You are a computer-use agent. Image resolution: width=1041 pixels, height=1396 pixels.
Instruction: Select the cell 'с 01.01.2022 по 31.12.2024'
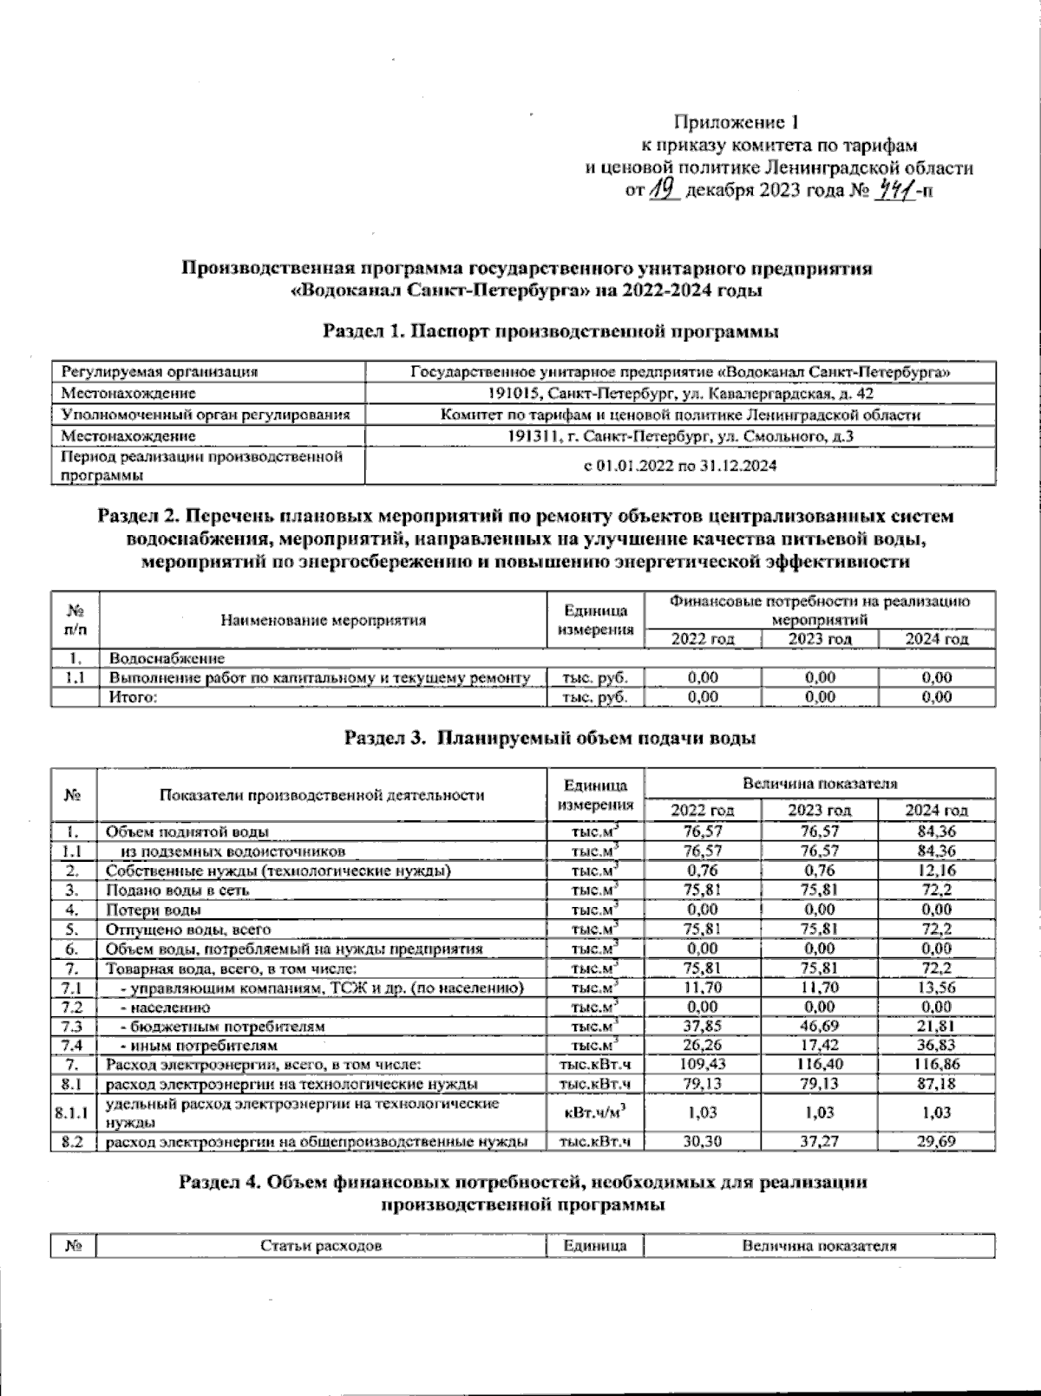(679, 466)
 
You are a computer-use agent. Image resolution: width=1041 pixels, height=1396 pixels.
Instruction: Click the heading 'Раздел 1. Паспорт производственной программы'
(550, 331)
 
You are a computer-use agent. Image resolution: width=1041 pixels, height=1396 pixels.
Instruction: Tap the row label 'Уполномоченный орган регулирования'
(206, 414)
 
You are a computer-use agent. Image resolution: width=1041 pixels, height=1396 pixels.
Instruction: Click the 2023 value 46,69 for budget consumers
(819, 1027)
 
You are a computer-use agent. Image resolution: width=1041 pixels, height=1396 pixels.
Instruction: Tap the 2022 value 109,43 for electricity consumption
(703, 1064)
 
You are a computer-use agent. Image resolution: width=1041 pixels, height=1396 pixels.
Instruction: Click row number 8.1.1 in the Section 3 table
(73, 1112)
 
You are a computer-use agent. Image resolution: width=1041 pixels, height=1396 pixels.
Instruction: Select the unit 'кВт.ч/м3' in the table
(595, 1112)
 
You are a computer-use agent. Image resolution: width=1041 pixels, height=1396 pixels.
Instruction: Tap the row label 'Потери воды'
(154, 910)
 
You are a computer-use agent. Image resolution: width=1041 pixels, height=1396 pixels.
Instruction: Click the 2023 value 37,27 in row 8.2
(819, 1142)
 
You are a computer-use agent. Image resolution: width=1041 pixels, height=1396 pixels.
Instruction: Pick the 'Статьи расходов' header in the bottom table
(321, 1246)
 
